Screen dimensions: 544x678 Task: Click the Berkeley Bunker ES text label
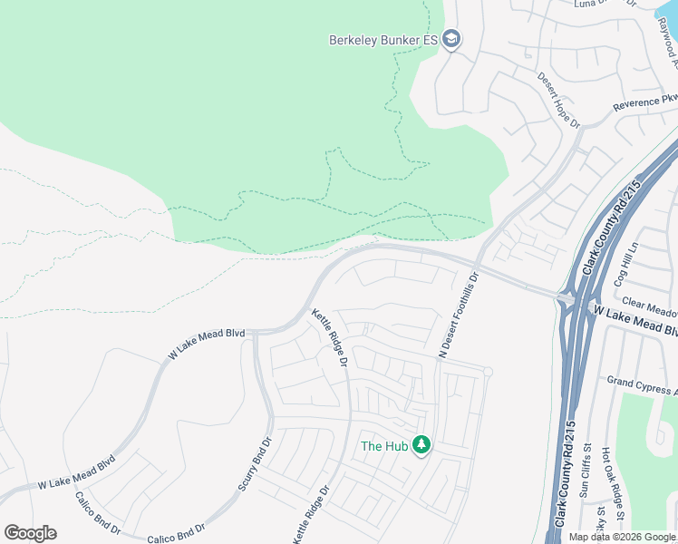(x=383, y=40)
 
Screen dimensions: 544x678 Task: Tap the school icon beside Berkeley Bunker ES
(x=452, y=40)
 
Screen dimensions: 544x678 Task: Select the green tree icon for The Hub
(x=421, y=445)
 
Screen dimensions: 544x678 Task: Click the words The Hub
(x=383, y=445)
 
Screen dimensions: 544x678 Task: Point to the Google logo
(x=30, y=533)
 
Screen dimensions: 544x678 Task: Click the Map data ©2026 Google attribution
(x=622, y=537)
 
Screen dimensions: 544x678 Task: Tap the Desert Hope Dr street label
(x=558, y=101)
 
